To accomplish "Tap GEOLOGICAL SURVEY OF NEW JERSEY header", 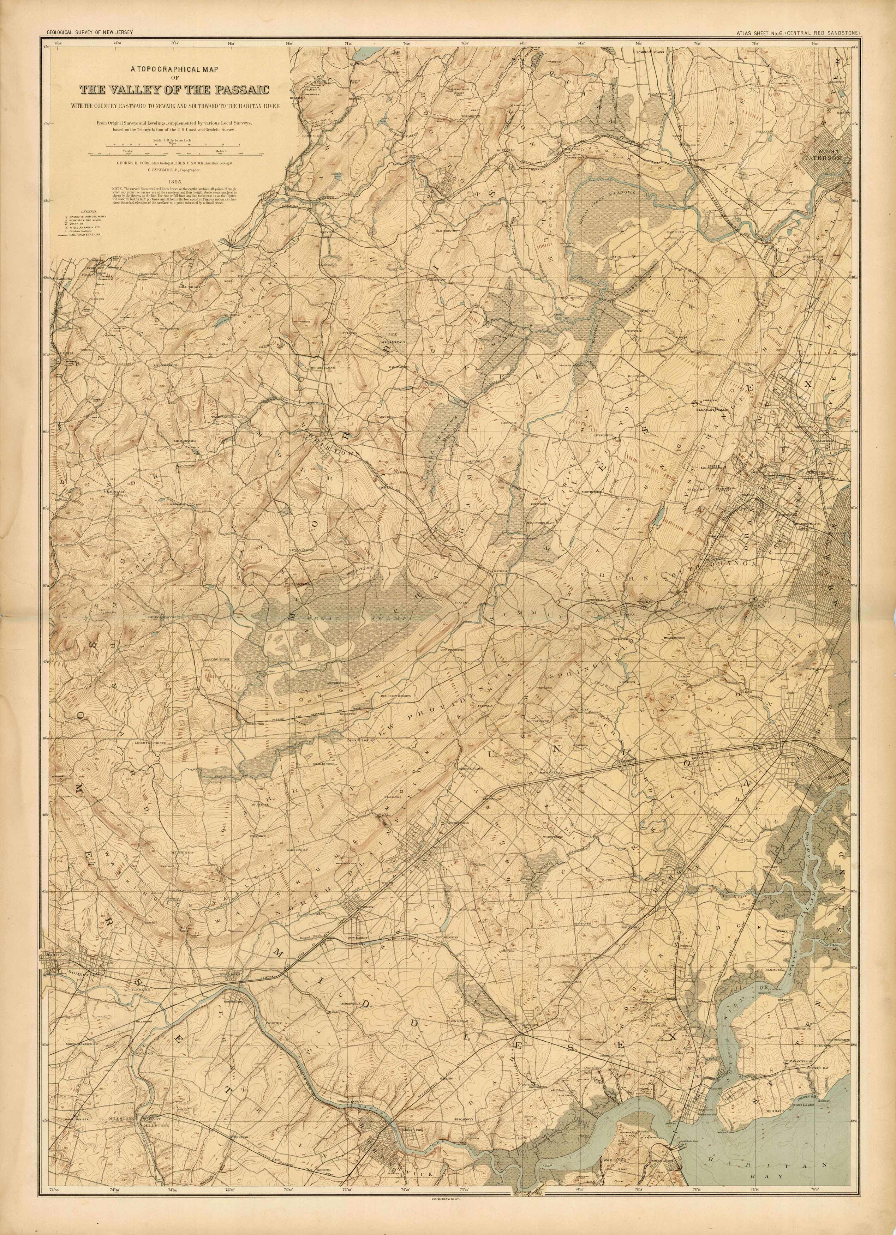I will point(90,34).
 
